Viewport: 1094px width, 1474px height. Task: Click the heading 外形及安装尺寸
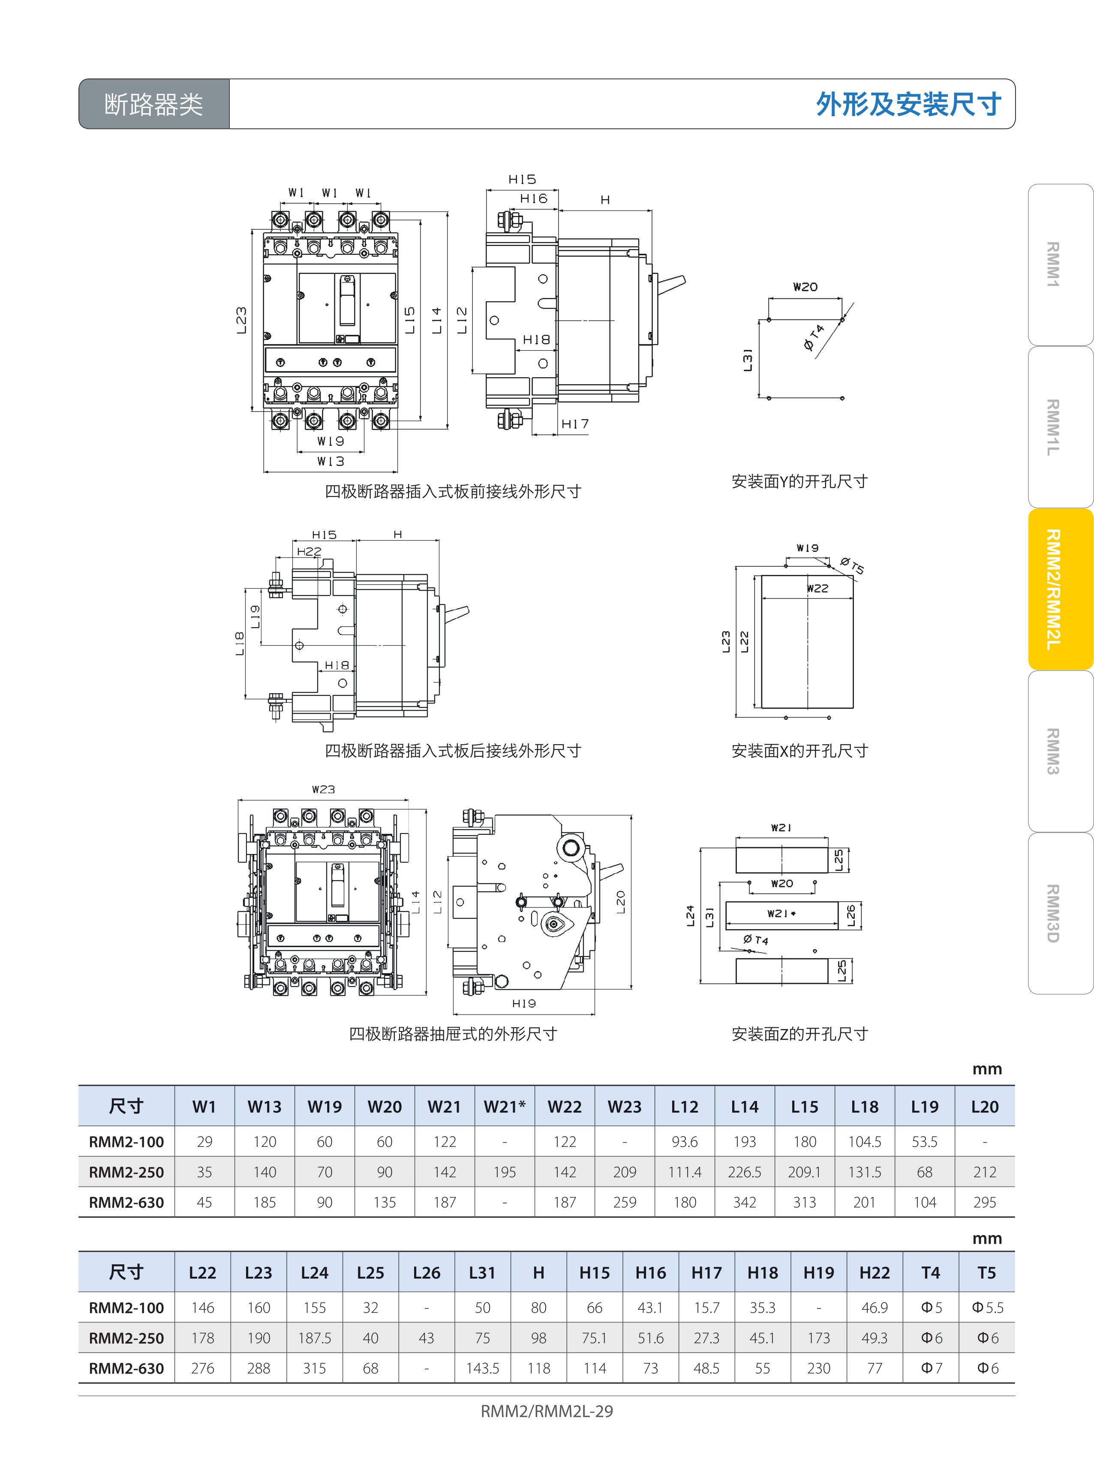[908, 104]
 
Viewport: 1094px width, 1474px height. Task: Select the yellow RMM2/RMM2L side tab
[1060, 590]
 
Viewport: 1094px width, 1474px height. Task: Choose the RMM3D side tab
[1060, 913]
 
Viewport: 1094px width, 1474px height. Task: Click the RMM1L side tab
[1060, 427]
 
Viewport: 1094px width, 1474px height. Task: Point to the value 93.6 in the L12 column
[684, 1142]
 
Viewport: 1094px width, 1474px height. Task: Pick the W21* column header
[505, 1107]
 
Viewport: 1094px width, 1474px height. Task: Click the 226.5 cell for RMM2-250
[744, 1172]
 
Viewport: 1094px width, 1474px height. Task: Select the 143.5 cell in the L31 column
[482, 1368]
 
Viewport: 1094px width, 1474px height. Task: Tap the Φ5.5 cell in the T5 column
[987, 1308]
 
